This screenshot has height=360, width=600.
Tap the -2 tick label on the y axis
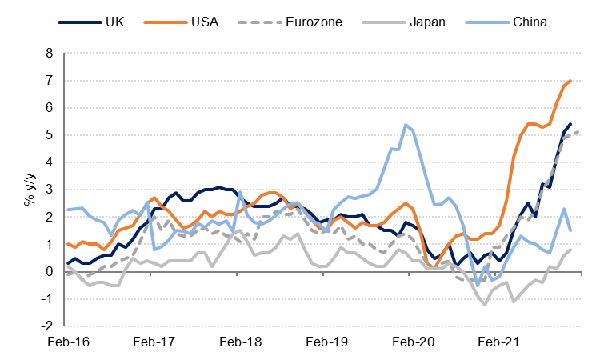tap(49, 326)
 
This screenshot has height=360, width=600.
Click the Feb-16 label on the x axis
tap(68, 342)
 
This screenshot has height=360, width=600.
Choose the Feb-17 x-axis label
tap(154, 342)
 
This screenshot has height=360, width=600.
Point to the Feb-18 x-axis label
tap(241, 342)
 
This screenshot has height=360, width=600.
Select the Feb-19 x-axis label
tap(327, 342)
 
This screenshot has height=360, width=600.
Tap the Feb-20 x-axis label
tap(414, 342)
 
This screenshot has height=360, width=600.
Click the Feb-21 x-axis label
tap(499, 342)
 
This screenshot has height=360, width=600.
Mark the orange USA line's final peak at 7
tap(570, 81)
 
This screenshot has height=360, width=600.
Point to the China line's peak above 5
tap(406, 125)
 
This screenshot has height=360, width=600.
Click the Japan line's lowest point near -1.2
tap(485, 305)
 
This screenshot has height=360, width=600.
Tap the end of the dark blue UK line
tap(570, 124)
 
